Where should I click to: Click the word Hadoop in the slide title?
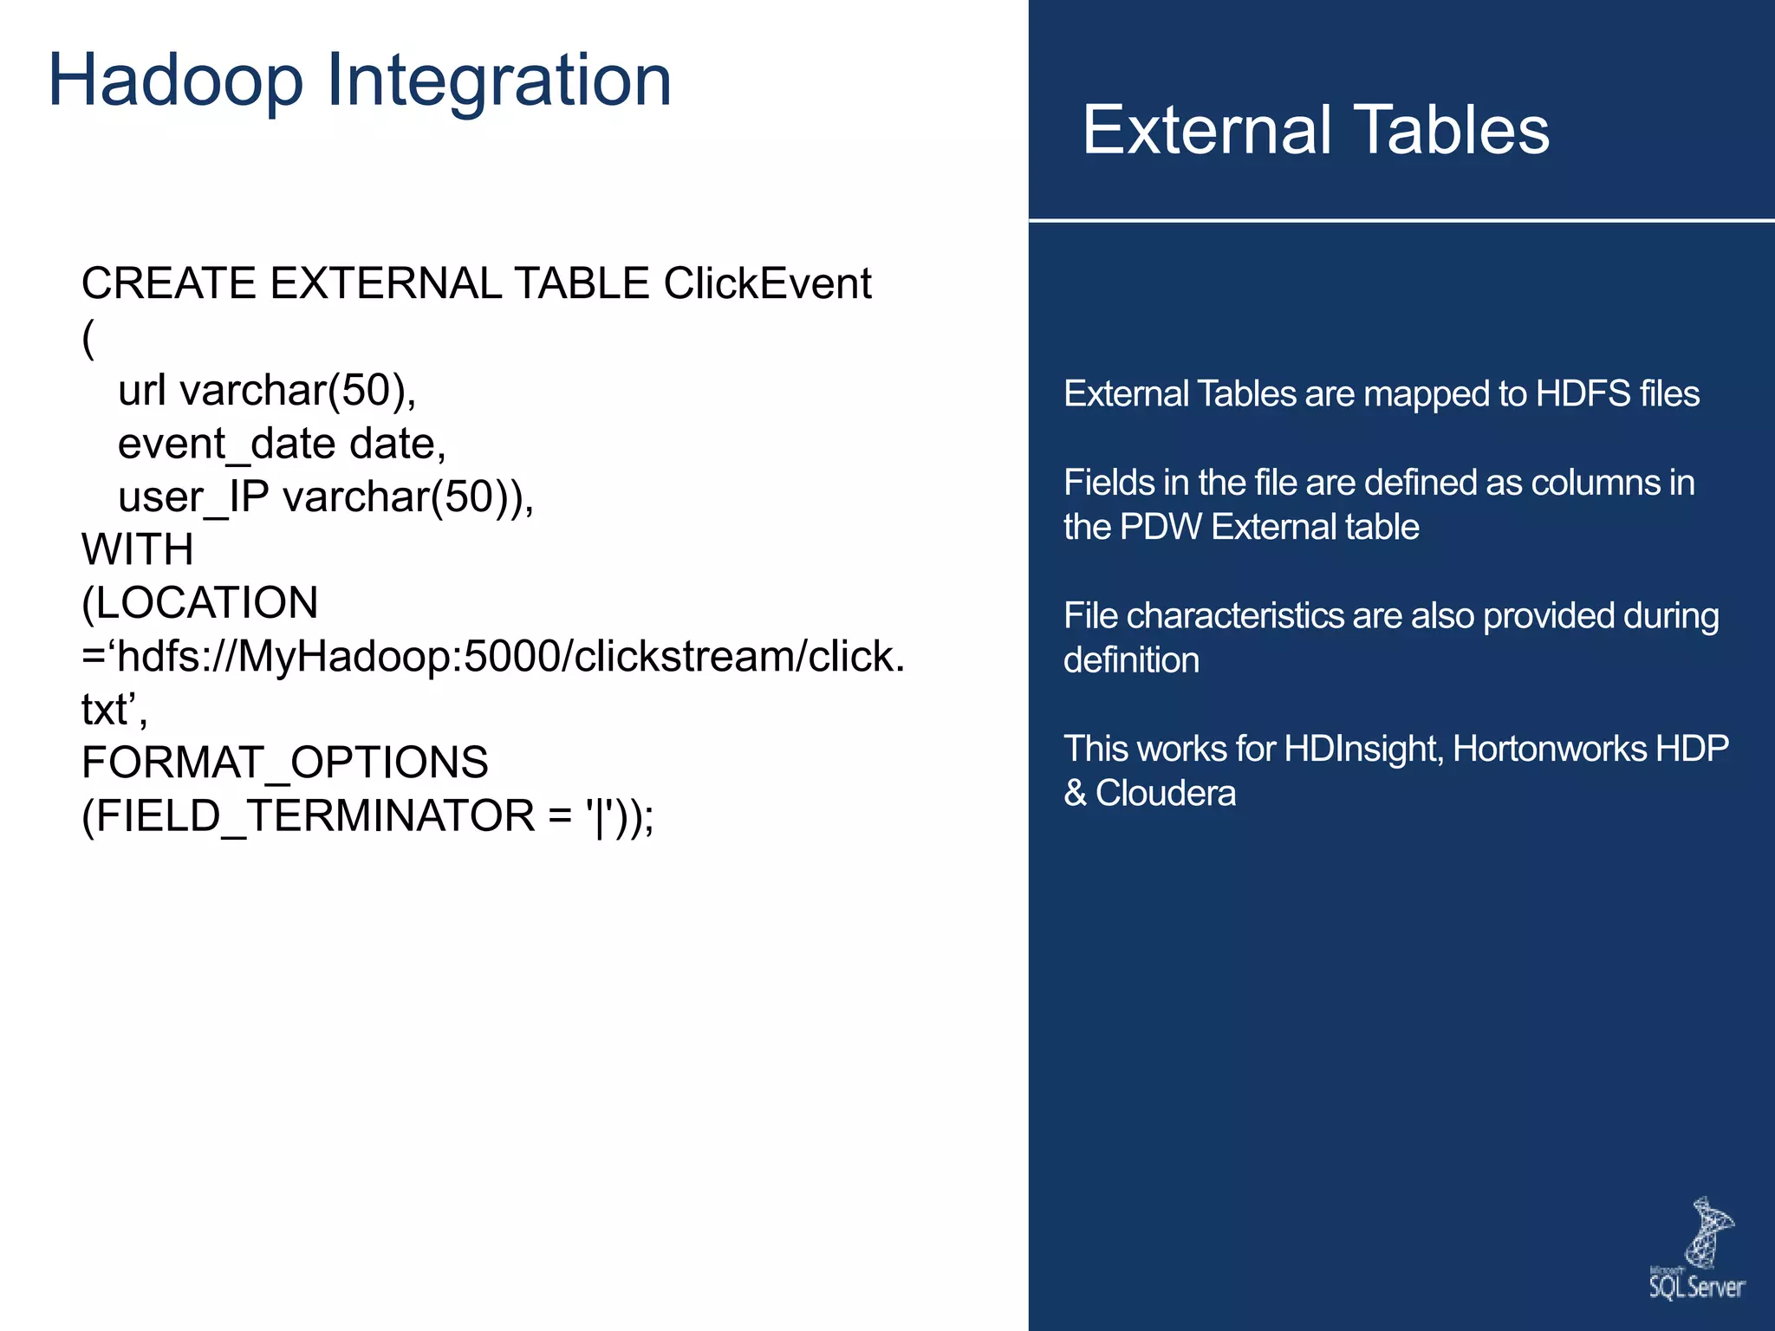pyautogui.click(x=176, y=81)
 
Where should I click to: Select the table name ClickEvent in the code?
pyautogui.click(x=767, y=283)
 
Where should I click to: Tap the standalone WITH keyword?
pyautogui.click(x=137, y=549)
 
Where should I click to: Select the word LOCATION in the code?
pyautogui.click(x=206, y=603)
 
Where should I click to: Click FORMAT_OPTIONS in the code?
pyautogui.click(x=284, y=763)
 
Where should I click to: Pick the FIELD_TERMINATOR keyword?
pyautogui.click(x=315, y=816)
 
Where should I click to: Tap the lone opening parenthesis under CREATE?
pyautogui.click(x=88, y=338)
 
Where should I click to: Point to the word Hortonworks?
pyautogui.click(x=1549, y=749)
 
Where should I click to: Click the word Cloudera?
pyautogui.click(x=1165, y=793)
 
